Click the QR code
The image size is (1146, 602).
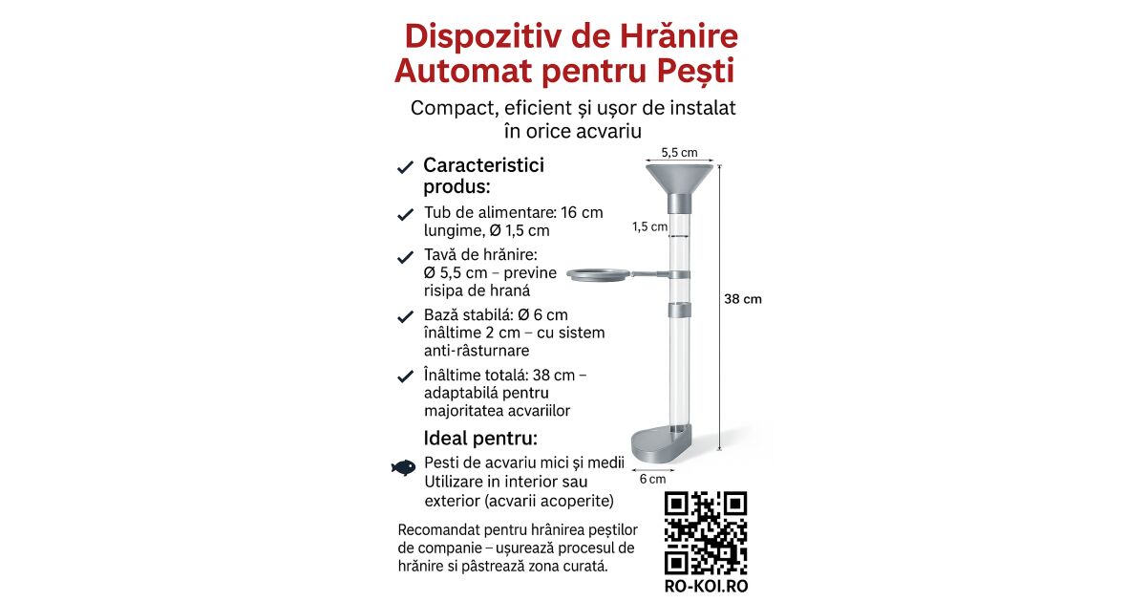706,531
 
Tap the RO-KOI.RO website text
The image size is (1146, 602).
706,586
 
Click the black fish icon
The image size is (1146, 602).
404,467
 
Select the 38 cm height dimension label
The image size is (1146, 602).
743,299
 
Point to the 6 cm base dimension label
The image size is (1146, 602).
652,479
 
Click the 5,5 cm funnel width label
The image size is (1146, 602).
679,152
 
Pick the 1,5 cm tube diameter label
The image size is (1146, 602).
648,226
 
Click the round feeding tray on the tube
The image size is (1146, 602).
598,276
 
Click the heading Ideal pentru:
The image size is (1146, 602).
480,439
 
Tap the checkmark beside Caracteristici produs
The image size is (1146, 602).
405,167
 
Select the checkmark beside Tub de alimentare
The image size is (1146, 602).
405,214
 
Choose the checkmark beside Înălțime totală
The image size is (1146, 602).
405,376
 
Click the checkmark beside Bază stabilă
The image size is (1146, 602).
405,316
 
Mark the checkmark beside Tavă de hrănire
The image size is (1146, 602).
405,257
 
